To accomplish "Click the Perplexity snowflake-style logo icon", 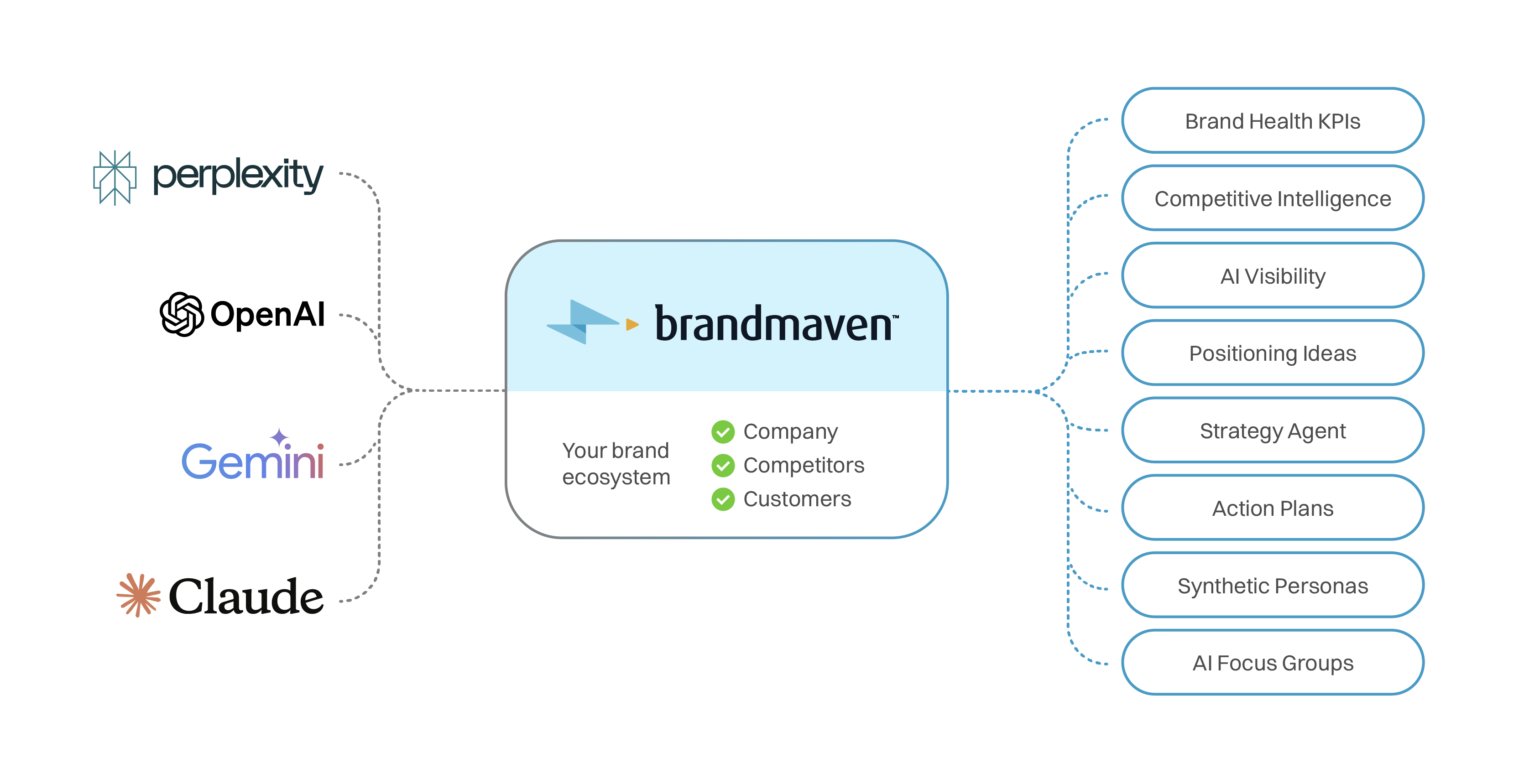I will (115, 177).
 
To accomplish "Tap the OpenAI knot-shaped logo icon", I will (182, 314).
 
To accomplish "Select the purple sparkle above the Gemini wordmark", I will (279, 437).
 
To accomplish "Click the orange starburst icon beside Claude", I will (138, 595).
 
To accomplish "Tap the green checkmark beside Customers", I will (723, 499).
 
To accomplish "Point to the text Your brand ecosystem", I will (616, 463).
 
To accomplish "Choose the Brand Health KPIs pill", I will (1272, 120).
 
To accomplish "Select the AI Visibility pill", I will (1272, 275).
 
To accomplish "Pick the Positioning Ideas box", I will (1272, 353).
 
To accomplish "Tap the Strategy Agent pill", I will (1272, 431).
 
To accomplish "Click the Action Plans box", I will (1272, 508).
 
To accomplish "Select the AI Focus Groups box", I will (1272, 663).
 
